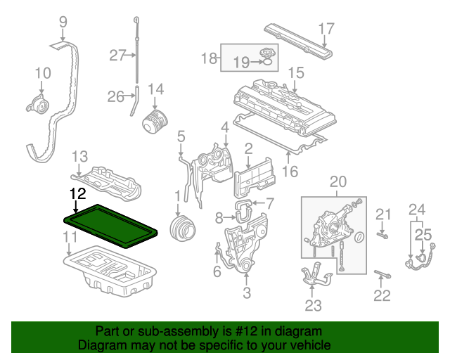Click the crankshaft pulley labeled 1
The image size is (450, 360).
coord(183,228)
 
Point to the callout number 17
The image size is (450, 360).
coord(326,29)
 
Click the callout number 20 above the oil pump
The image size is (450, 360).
coord(337,182)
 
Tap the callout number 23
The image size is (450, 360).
coord(313,306)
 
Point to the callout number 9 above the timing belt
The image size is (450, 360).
coord(63,22)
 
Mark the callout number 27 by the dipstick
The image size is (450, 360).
coord(117,55)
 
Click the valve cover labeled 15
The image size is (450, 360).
coord(278,105)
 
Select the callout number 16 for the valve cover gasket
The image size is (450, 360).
coord(290,171)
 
